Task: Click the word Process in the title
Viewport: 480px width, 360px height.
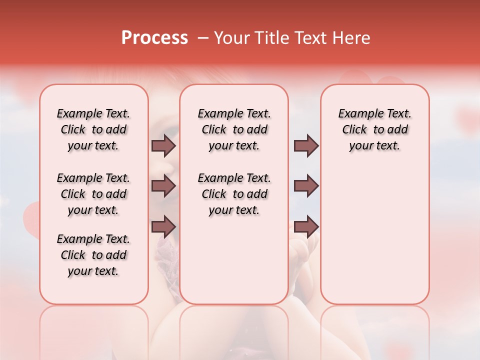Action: coord(154,38)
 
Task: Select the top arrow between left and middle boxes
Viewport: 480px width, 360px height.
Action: coord(163,145)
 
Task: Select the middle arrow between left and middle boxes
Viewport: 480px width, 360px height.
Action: coord(163,186)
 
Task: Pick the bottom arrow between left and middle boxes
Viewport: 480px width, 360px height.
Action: coord(163,226)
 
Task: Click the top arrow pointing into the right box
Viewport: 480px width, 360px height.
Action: coord(306,145)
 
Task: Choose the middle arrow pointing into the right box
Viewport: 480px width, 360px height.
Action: coord(306,186)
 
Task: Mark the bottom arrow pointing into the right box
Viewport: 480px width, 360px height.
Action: coord(306,226)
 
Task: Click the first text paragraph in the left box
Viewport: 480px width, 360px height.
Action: coord(93,129)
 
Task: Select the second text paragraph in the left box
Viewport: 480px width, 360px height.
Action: coord(93,194)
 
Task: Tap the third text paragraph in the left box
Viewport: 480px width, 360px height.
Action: coord(93,255)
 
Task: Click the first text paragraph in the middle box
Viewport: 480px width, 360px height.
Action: coord(234,129)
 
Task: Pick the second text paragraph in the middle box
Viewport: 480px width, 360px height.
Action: coord(234,194)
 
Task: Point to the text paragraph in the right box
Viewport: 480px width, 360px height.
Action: coord(375,129)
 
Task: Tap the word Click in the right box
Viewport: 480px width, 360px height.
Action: coord(354,130)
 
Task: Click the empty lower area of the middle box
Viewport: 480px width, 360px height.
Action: coord(234,260)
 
